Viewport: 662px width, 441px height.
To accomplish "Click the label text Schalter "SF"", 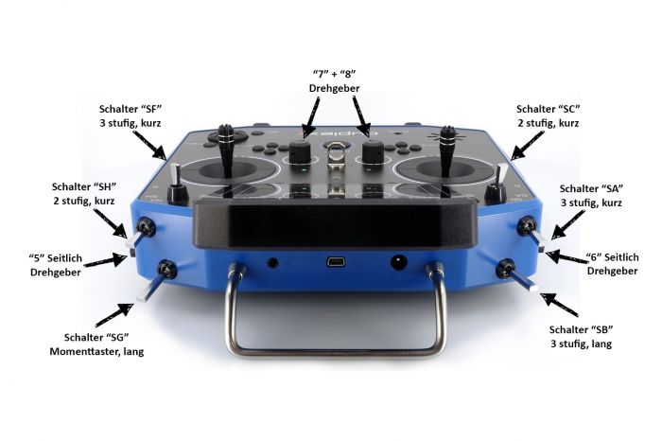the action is [131, 109].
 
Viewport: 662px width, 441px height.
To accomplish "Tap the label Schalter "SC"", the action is [548, 109].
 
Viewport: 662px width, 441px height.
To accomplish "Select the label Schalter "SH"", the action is [83, 186].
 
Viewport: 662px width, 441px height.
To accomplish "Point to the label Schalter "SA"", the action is [591, 188].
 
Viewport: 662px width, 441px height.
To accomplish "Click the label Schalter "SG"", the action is [96, 337].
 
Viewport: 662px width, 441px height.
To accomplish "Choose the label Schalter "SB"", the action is [581, 329].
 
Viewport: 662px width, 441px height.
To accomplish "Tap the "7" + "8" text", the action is [335, 74].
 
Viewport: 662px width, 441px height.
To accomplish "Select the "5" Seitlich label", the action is [55, 257].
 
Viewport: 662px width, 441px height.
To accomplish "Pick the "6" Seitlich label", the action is [612, 256].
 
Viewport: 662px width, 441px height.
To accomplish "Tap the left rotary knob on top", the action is [300, 150].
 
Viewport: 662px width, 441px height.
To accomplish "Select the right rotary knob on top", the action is [373, 150].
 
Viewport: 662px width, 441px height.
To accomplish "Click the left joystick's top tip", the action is [225, 126].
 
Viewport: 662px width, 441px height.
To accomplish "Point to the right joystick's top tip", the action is [448, 128].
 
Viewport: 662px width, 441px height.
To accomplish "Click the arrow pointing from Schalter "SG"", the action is [113, 315].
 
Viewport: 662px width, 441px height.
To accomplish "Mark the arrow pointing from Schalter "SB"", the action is [560, 304].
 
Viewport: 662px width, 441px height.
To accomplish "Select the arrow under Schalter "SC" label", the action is [528, 146].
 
